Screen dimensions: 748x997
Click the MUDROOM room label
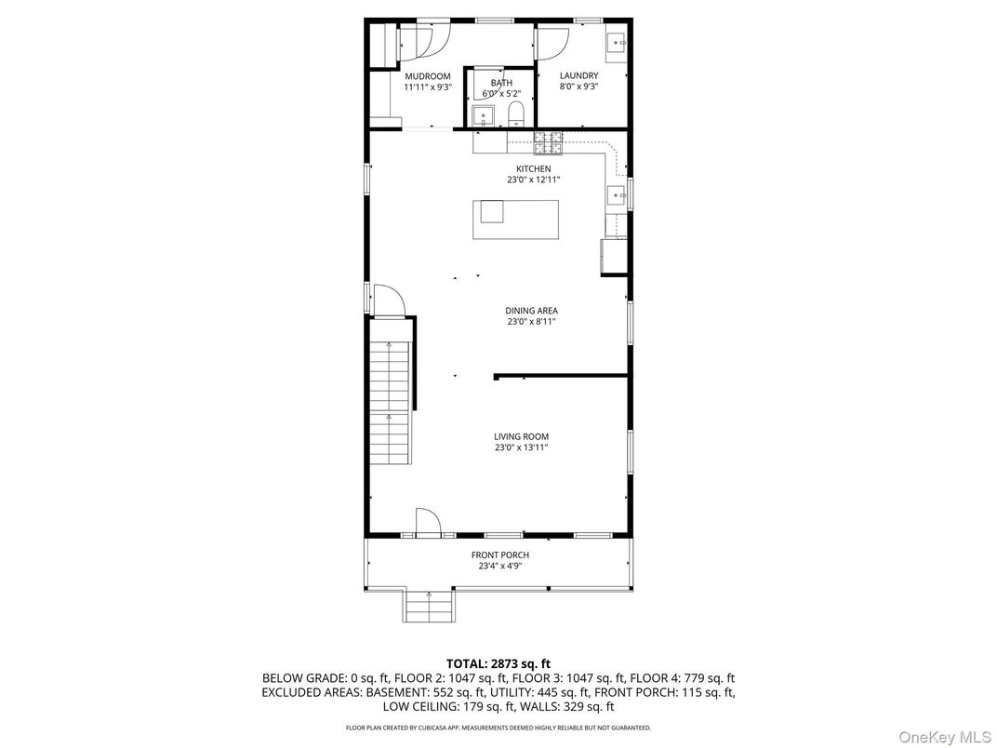[427, 76]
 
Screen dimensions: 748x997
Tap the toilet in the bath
[516, 115]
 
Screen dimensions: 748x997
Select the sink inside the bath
[482, 115]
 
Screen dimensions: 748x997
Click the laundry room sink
[617, 44]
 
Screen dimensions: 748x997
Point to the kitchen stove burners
[549, 142]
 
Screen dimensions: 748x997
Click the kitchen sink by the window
[616, 195]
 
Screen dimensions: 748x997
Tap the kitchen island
[516, 220]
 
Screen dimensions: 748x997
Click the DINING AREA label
[531, 311]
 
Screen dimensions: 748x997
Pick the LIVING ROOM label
[521, 436]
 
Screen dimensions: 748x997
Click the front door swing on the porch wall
[427, 523]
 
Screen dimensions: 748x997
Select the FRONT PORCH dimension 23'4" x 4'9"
[499, 566]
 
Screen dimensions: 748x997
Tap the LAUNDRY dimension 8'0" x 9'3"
[578, 87]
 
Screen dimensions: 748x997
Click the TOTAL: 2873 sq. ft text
[498, 663]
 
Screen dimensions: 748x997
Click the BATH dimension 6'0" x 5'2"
[501, 94]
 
